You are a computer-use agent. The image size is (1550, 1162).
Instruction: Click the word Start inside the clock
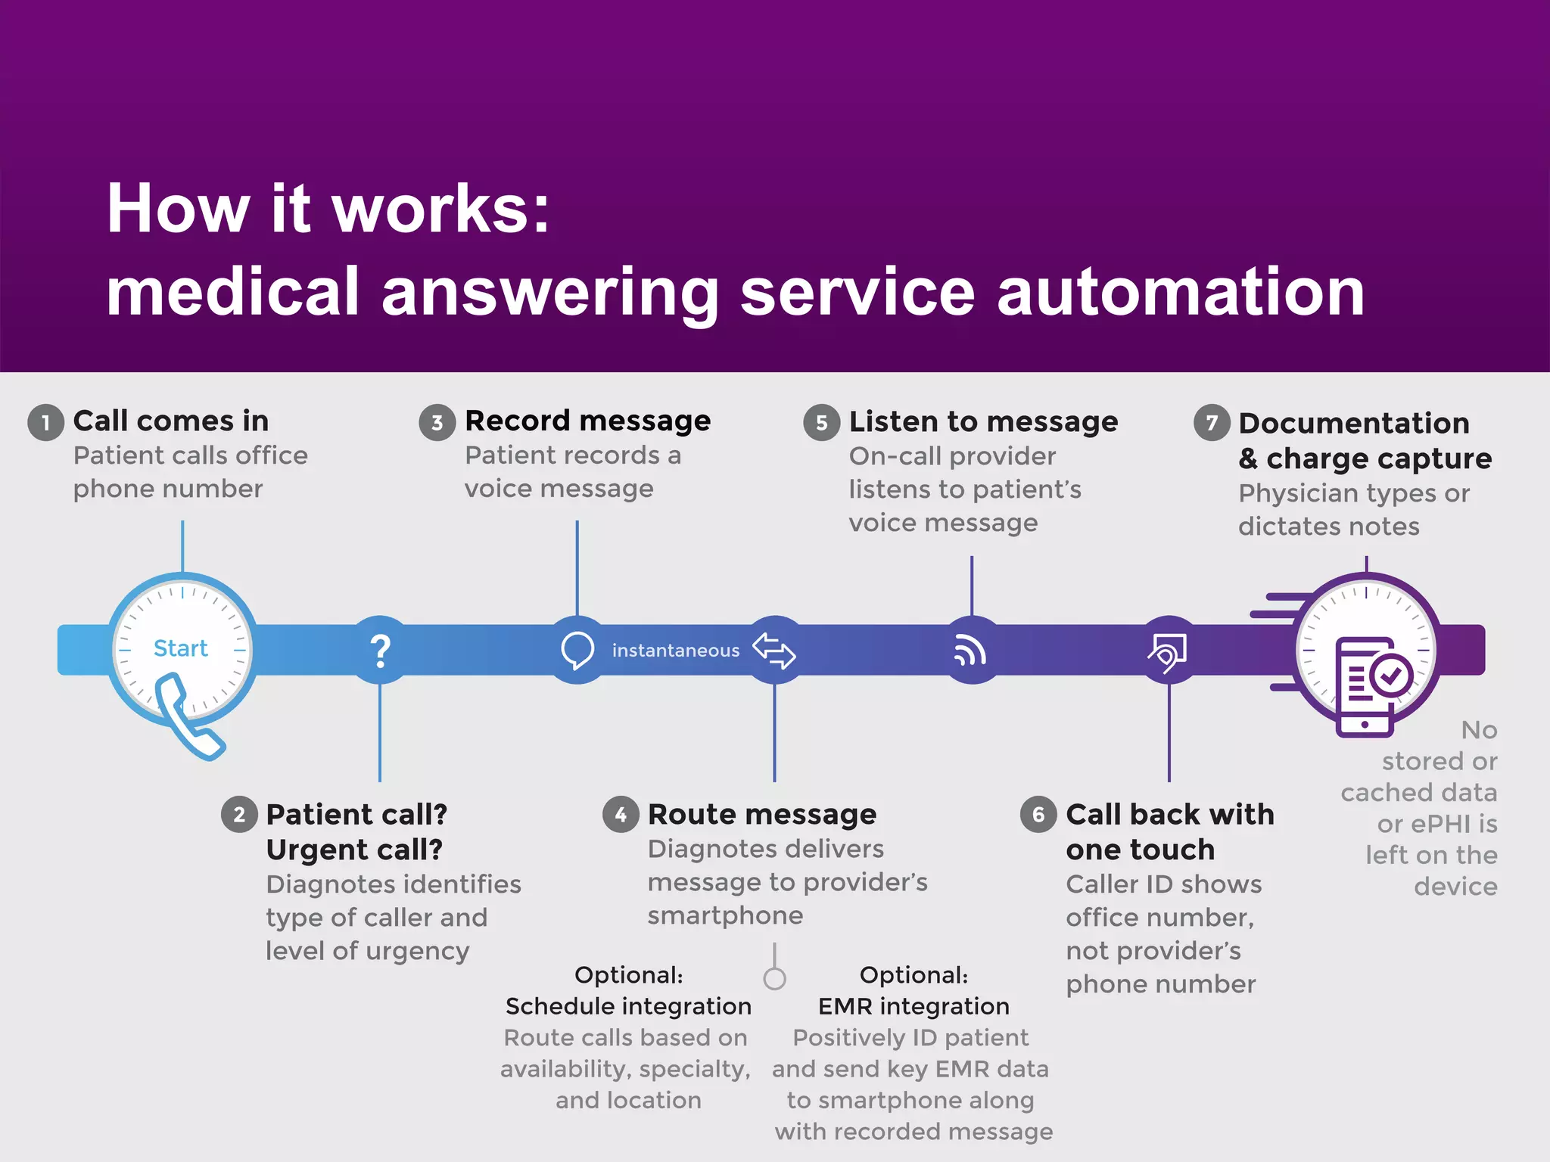point(180,648)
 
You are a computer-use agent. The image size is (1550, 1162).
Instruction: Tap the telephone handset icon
point(188,718)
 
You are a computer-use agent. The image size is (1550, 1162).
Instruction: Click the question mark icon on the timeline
point(380,650)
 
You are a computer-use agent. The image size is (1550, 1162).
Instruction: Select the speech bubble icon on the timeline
point(577,650)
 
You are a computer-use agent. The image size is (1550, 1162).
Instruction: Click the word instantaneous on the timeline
point(675,651)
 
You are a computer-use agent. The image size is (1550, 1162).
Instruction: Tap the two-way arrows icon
point(773,651)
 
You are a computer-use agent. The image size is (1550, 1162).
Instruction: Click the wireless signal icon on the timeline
point(970,651)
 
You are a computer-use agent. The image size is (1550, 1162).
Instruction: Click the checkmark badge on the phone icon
point(1391,676)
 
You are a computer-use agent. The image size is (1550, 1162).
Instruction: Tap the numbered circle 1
point(45,422)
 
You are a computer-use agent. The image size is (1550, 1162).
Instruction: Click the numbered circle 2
point(239,815)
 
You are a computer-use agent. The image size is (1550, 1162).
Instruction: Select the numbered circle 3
point(437,422)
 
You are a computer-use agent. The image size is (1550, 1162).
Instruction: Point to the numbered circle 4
point(621,815)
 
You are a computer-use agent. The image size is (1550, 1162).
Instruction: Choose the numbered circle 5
point(822,423)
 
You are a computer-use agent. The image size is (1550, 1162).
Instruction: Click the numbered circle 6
point(1038,815)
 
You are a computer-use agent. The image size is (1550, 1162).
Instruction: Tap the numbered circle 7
point(1212,423)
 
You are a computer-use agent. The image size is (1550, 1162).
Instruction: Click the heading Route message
point(762,815)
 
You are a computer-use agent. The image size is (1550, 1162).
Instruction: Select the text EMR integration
point(914,1006)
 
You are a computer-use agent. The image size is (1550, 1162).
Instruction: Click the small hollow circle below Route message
point(774,978)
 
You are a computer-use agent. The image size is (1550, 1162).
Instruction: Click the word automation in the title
point(1181,292)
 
